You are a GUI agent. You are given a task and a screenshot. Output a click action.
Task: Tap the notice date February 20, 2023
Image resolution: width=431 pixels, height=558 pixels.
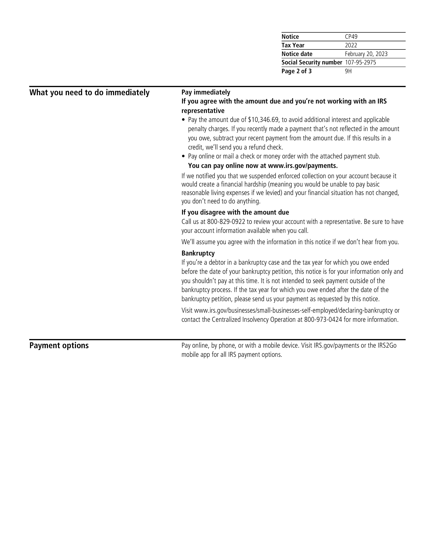pos(366,54)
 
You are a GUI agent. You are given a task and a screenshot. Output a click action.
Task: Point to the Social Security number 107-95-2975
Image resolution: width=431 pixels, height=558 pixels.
pos(360,62)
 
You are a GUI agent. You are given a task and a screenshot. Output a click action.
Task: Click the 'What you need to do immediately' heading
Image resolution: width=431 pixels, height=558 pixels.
pos(89,92)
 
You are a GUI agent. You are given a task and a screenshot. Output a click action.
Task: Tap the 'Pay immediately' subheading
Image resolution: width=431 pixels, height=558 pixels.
pos(206,92)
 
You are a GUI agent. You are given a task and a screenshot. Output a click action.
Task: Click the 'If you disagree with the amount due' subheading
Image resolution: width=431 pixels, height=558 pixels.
pos(235,212)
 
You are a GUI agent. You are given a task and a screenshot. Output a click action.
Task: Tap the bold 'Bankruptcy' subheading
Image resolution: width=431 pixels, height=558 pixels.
pos(198,253)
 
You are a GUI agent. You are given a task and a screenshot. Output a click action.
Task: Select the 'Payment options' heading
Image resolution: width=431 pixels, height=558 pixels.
pos(59,345)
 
